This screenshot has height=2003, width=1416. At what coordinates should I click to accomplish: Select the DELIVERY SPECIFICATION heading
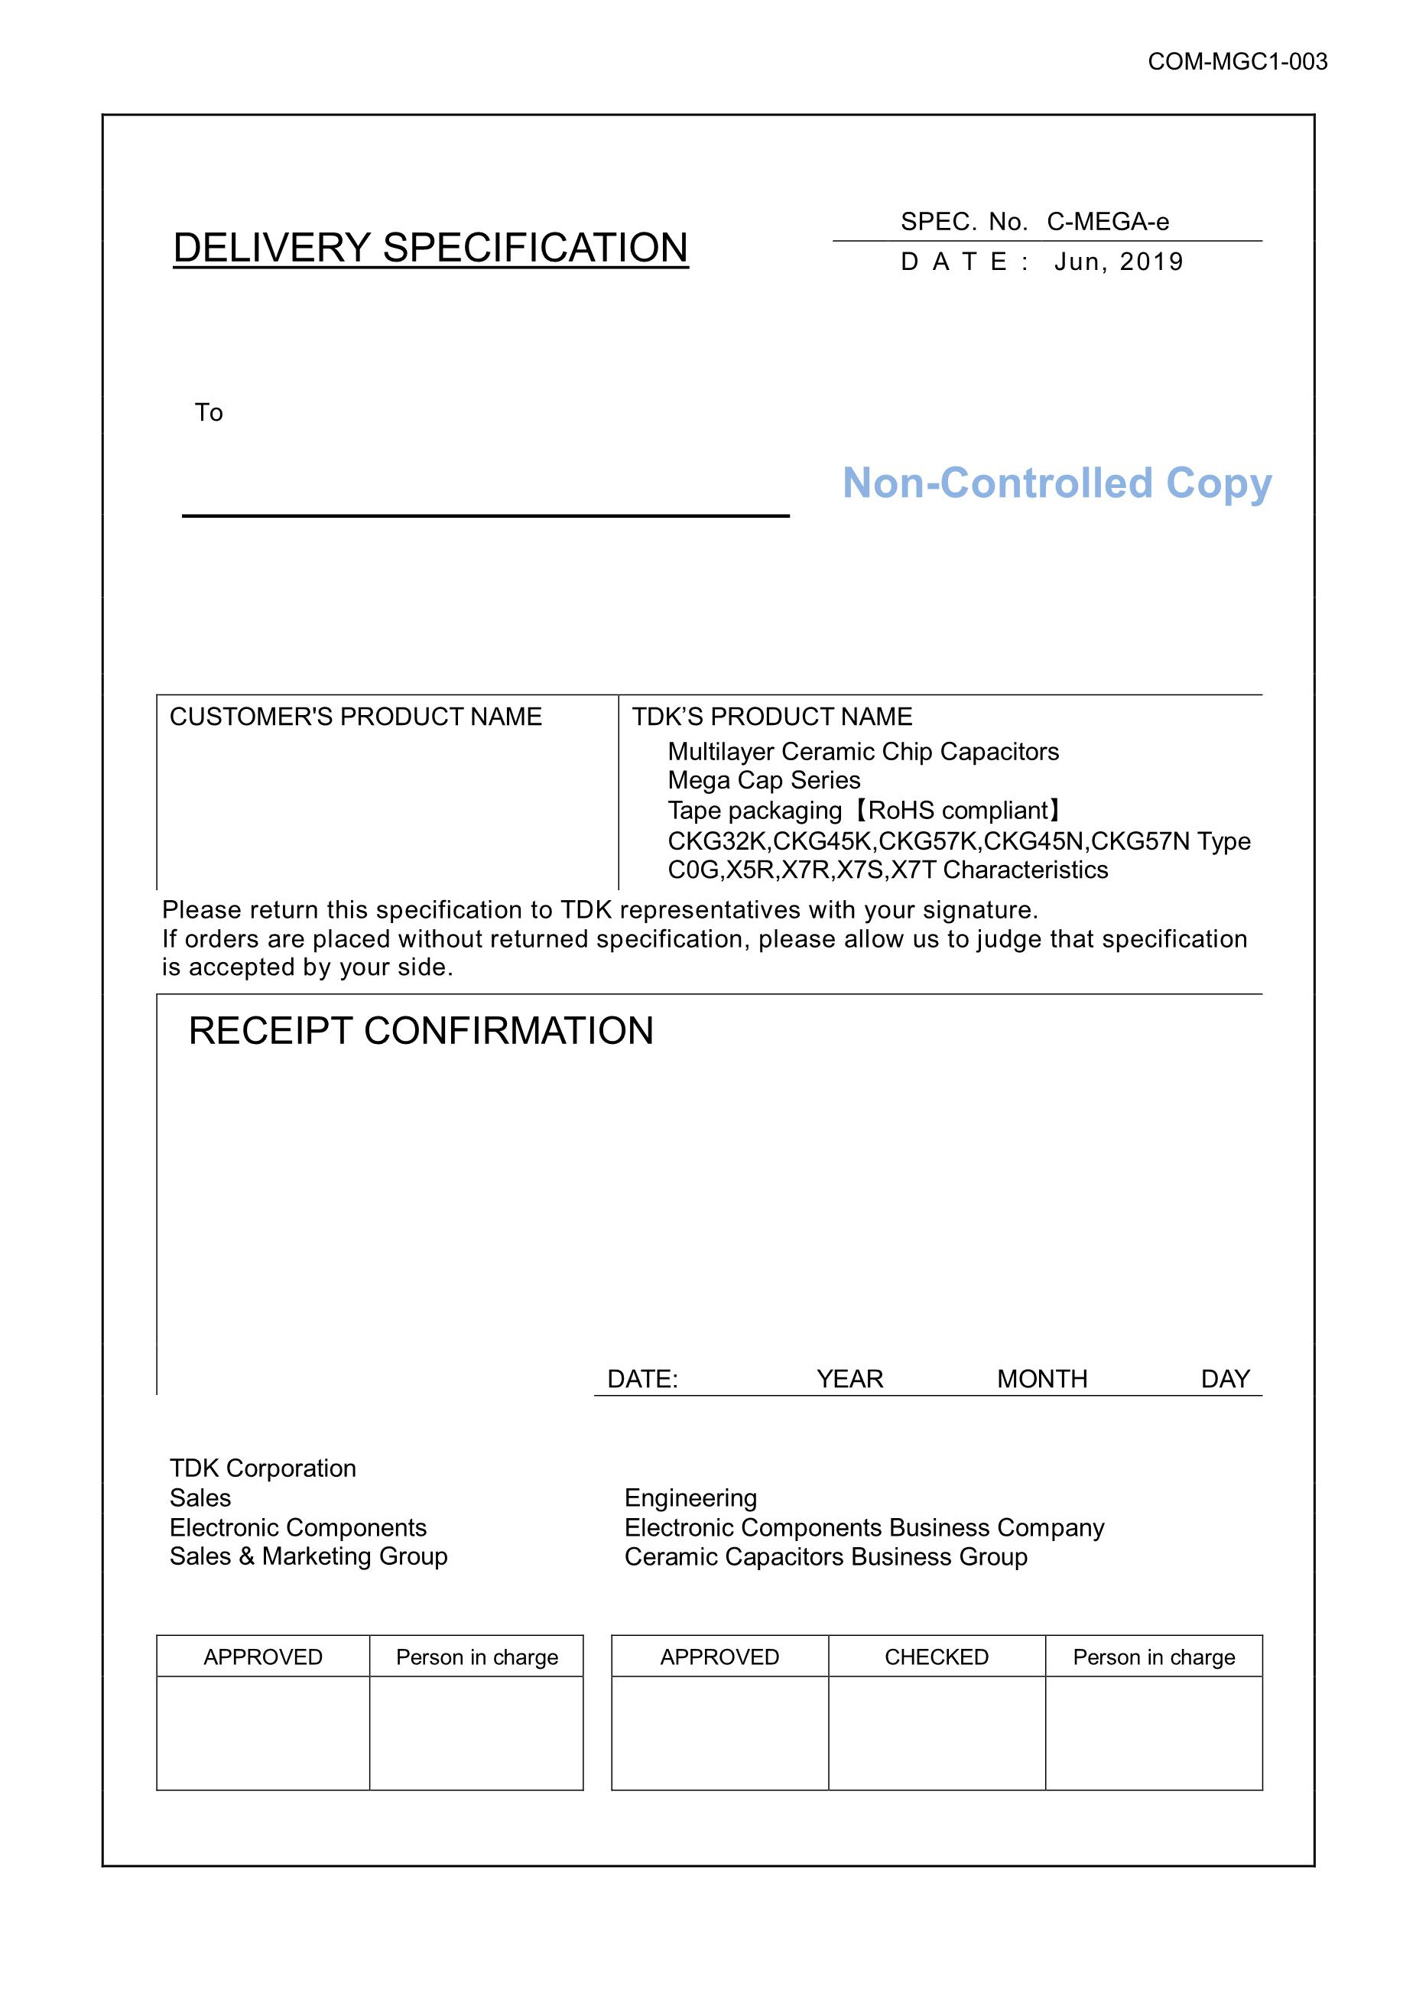coord(430,248)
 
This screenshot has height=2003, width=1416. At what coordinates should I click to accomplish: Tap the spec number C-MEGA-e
coord(1107,222)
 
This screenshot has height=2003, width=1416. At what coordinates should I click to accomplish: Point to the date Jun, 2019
coord(1119,262)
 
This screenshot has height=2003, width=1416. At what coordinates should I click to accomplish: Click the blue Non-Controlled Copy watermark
coord(1057,483)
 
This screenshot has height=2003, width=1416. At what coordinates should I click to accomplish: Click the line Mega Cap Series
coord(764,780)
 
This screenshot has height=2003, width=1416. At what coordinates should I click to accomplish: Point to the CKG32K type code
coord(718,841)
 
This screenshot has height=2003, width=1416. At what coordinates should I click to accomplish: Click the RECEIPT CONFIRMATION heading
coord(421,1030)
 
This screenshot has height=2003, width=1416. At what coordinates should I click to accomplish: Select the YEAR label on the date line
coord(849,1378)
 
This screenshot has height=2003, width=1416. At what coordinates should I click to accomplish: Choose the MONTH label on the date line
coord(1042,1378)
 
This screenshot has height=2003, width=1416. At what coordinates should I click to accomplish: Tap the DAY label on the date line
coord(1225,1378)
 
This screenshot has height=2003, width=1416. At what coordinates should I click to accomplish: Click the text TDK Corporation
coord(262,1468)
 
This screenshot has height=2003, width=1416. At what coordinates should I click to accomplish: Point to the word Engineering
coord(690,1498)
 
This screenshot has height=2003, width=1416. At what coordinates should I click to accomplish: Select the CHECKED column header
coord(937,1657)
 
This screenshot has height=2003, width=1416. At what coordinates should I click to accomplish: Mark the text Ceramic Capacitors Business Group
coord(826,1557)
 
